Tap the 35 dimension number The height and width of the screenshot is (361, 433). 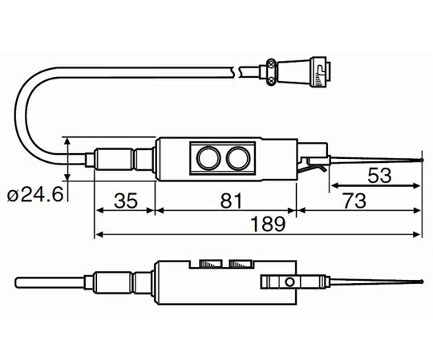[123, 201]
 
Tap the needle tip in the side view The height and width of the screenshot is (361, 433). [419, 282]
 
